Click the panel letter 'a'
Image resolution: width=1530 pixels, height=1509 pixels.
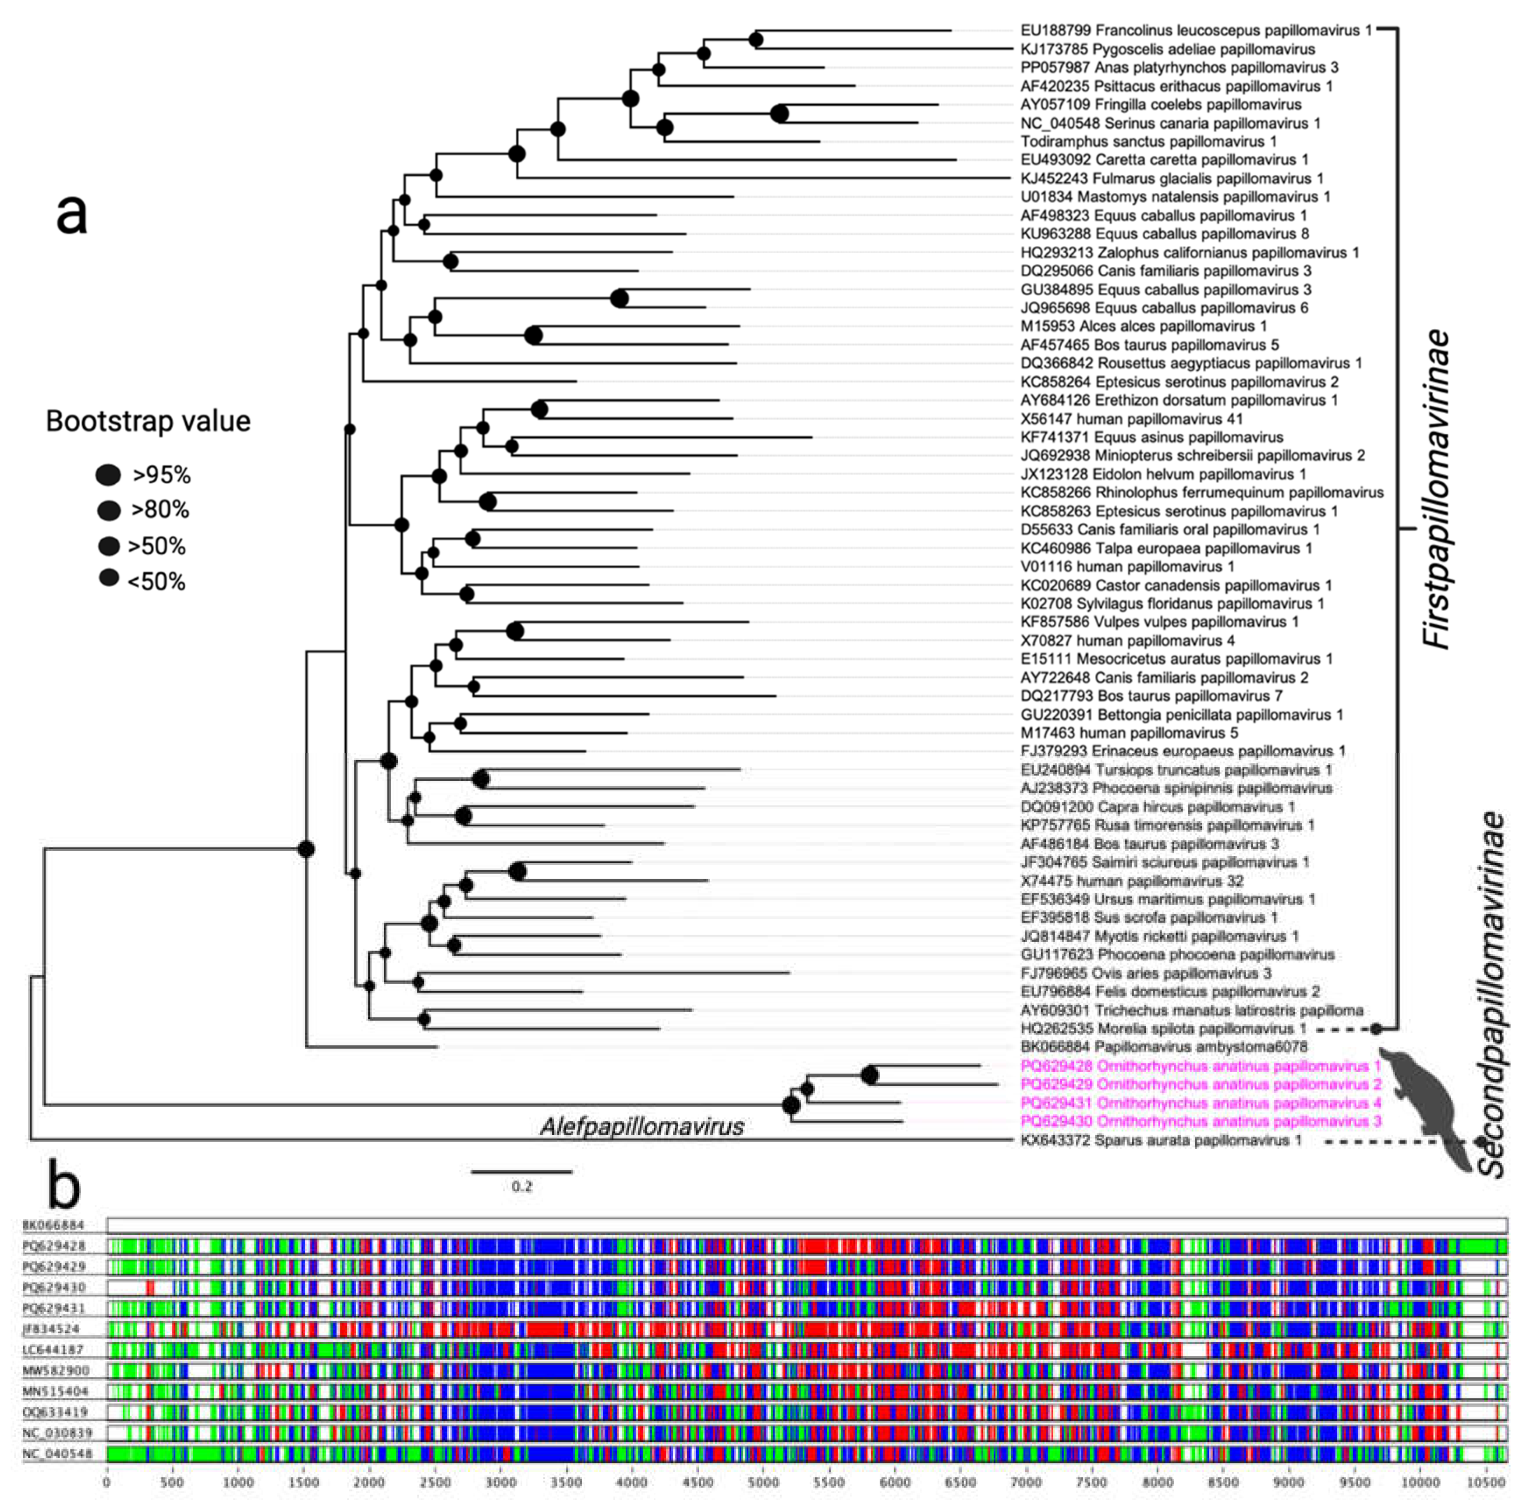pyautogui.click(x=71, y=214)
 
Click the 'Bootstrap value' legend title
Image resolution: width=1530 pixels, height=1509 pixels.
pyautogui.click(x=148, y=421)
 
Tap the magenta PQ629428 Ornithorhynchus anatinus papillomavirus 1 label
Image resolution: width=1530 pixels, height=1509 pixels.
pyautogui.click(x=1200, y=1066)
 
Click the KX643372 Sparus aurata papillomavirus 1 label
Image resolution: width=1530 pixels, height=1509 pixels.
pyautogui.click(x=1160, y=1141)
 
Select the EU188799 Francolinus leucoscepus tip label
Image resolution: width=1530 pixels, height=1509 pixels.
pyautogui.click(x=1196, y=30)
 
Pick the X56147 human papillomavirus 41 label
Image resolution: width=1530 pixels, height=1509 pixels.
pyautogui.click(x=1131, y=419)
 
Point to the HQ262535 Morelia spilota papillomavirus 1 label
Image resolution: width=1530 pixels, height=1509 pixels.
pyautogui.click(x=1162, y=1029)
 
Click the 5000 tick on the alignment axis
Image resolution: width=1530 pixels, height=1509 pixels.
pyautogui.click(x=763, y=1483)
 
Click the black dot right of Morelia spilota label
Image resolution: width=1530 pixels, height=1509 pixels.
pyautogui.click(x=1376, y=1029)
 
